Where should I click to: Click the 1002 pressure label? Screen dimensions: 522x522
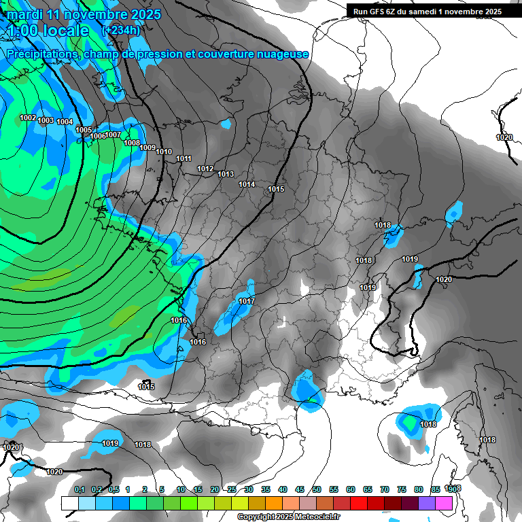28,118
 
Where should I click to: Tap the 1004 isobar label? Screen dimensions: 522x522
65,122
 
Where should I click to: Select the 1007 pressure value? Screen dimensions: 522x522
114,135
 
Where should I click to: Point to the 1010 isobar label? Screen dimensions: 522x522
164,152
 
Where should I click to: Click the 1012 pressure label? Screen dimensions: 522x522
205,169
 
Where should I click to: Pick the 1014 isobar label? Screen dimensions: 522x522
247,184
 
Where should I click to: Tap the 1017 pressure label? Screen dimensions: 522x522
247,301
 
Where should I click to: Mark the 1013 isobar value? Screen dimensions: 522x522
226,174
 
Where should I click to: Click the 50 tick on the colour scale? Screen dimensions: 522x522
317,489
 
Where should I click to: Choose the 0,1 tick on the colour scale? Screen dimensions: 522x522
80,489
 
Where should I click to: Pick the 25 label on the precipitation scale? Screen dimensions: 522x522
232,489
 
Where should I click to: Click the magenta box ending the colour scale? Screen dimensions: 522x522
444,503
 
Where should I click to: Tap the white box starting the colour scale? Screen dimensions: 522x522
69,503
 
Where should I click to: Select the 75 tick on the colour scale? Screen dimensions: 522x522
402,489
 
